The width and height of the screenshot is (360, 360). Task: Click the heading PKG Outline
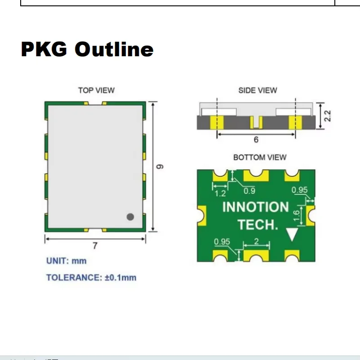87,49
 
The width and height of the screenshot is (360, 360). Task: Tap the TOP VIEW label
96,90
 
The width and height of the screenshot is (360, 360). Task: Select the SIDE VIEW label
258,90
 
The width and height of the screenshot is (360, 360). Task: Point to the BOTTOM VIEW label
259,157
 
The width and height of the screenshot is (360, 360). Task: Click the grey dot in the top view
130,217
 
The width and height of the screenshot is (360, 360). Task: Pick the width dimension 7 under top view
95,246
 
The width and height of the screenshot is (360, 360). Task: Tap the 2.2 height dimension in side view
328,116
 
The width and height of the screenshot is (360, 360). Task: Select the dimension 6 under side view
256,139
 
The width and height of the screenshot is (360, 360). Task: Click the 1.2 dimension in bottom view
221,193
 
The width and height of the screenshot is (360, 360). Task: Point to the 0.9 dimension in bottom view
249,191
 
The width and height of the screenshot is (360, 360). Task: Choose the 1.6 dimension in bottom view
297,215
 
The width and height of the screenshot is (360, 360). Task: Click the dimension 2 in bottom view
256,242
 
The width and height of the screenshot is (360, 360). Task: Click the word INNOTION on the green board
255,207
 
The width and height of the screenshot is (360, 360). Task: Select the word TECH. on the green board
258,225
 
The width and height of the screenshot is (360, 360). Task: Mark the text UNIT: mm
66,261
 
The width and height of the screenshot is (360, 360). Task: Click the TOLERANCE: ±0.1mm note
91,277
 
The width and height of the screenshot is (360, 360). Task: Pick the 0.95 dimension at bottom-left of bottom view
222,242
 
